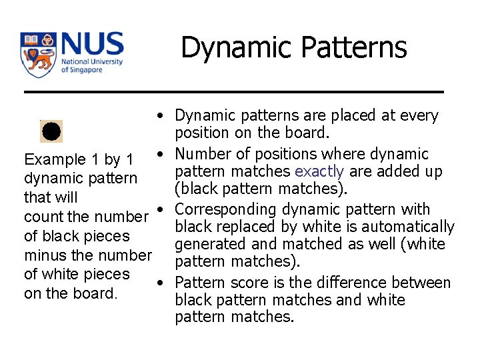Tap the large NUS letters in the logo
point(92,45)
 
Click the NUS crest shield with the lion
point(39,55)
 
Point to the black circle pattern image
point(52,131)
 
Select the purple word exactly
point(319,172)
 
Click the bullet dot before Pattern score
point(161,283)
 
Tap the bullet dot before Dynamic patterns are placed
point(161,116)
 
